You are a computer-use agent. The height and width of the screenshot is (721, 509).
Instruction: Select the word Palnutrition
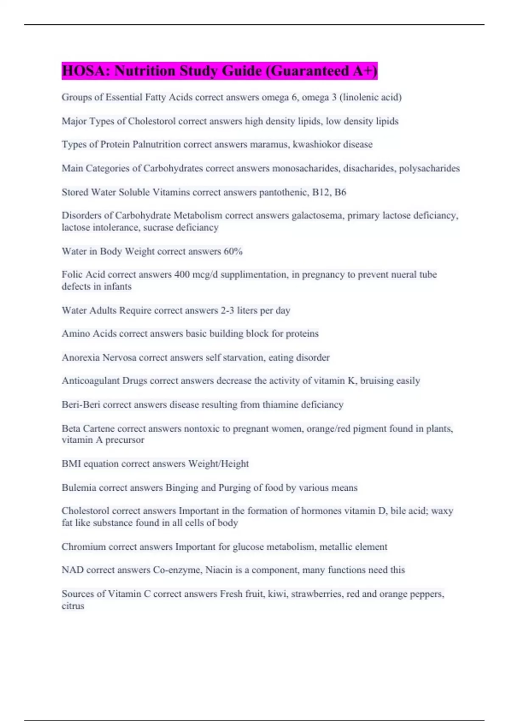coord(157,145)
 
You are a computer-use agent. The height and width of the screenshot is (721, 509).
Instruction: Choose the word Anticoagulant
coord(91,381)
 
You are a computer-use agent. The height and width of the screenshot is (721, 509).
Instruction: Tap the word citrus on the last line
coord(73,606)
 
